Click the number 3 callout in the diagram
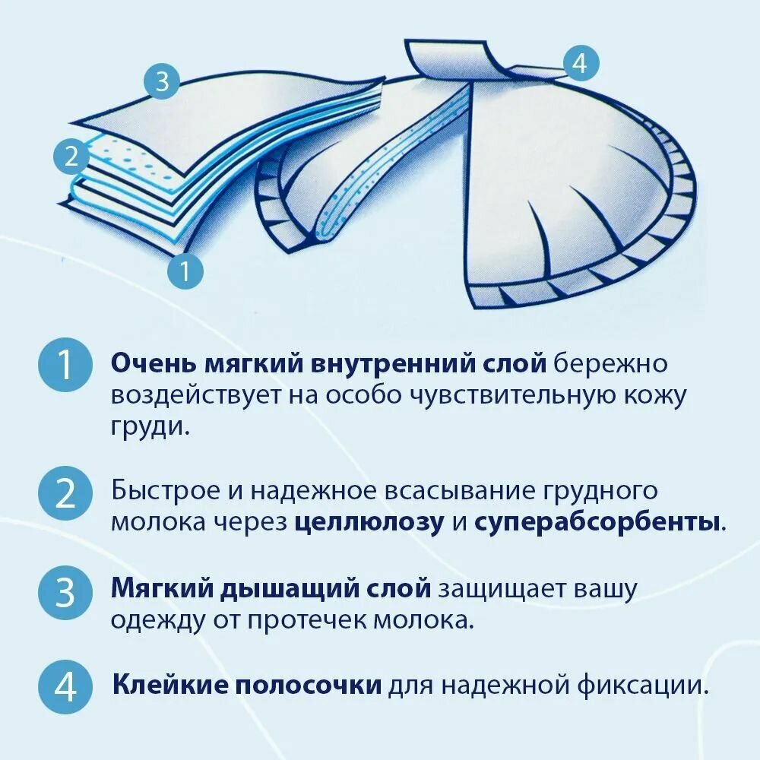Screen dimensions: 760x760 (x=162, y=81)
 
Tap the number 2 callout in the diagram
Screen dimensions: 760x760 (x=71, y=157)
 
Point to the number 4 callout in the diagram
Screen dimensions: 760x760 (x=580, y=63)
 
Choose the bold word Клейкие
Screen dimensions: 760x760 (x=169, y=686)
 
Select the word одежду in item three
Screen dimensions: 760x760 (x=157, y=621)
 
